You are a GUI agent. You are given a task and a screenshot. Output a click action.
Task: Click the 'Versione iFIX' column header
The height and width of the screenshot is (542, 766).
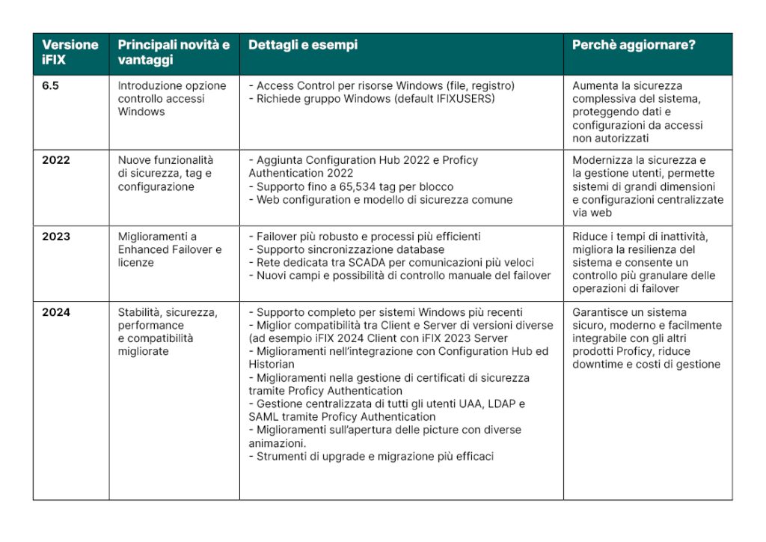point(70,52)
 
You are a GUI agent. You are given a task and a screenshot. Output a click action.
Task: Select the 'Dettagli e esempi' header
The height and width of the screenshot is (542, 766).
point(303,45)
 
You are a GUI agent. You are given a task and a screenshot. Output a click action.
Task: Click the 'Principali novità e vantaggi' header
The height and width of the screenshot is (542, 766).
point(174,52)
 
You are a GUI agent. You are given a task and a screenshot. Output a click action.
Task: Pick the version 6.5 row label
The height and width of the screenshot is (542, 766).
point(51,86)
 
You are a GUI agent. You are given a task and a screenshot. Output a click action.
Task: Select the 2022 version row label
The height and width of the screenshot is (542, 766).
point(56,160)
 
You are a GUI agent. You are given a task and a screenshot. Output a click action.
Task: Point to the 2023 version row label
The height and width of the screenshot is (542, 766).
point(56,237)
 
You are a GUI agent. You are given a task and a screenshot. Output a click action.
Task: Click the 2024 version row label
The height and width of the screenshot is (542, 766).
point(56,312)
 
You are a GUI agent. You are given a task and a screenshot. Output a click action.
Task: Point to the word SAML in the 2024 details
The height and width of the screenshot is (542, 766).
point(264,417)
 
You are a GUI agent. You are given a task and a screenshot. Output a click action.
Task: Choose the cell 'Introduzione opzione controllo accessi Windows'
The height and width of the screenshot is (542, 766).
point(172,99)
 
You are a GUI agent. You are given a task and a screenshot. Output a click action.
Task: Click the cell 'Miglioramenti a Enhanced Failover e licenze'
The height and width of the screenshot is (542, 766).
point(170,249)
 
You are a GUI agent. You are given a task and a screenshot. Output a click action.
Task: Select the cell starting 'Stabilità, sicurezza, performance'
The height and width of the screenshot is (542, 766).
point(168,332)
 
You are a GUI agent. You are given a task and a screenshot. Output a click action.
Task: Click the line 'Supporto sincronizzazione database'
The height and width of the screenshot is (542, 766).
point(350,249)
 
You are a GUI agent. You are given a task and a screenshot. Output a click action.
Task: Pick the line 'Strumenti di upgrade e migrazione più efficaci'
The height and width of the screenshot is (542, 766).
point(374,456)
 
